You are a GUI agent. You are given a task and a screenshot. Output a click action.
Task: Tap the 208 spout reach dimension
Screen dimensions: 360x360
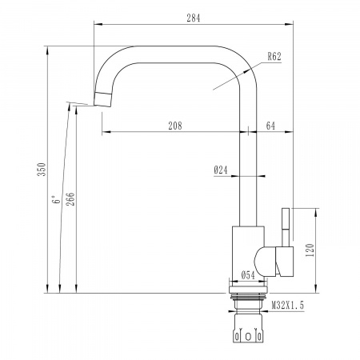coord(174,125)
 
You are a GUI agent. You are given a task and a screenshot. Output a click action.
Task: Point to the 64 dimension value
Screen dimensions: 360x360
coord(270,125)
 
